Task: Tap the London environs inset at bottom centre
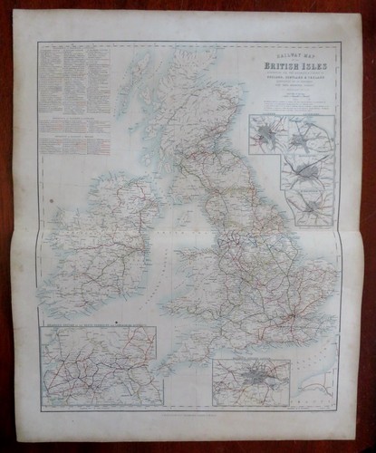tap(251, 381)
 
